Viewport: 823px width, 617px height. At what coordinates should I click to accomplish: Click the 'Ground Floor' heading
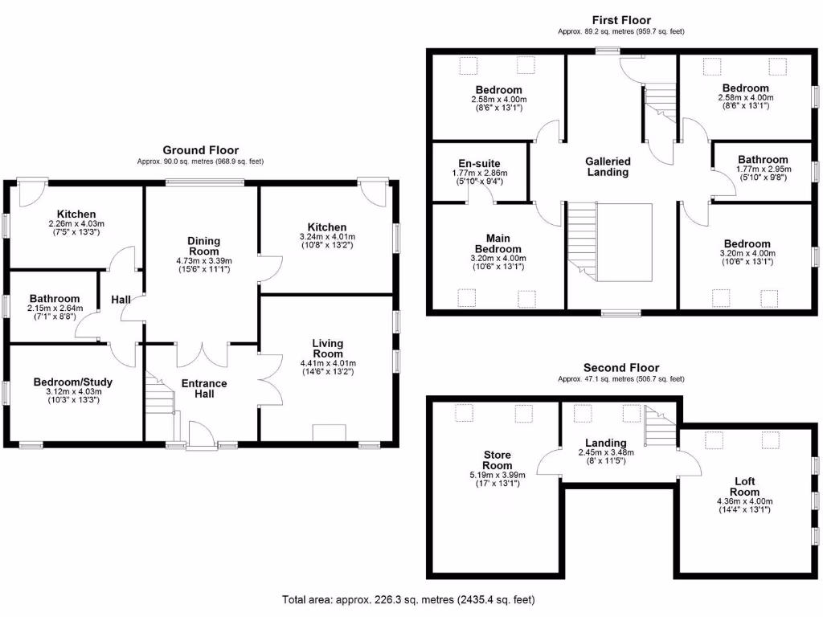(200, 150)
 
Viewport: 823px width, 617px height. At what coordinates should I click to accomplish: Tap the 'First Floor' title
(621, 20)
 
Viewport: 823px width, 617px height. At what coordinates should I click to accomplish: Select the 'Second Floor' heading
(621, 368)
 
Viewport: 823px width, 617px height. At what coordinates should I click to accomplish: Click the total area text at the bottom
(408, 599)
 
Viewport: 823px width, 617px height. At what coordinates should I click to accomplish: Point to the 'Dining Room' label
(203, 246)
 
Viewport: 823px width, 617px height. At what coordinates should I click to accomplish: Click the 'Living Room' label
(328, 349)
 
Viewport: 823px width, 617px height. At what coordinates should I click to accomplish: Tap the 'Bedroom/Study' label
(73, 382)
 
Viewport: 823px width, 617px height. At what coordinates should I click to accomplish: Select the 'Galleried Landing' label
(608, 166)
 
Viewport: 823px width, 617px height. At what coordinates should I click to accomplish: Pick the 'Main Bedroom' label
(498, 243)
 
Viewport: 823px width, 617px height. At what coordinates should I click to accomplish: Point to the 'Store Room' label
(497, 460)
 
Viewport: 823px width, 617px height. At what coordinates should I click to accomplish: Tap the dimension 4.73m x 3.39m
(204, 260)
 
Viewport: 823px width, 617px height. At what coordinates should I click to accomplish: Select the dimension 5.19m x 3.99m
(497, 475)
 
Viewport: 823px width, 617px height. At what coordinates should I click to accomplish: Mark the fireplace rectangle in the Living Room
(328, 432)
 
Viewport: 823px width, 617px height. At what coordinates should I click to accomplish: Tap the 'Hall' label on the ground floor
(121, 300)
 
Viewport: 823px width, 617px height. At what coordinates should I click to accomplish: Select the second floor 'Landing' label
(606, 443)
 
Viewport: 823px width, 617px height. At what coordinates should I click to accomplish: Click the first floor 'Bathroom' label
(763, 160)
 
